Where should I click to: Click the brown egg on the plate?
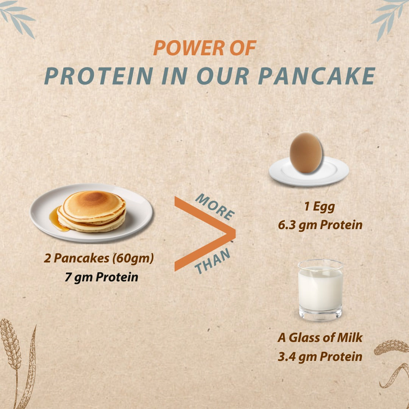click(x=306, y=153)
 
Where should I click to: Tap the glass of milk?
click(x=320, y=290)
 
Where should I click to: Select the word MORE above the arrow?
click(x=214, y=207)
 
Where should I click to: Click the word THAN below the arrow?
click(x=212, y=261)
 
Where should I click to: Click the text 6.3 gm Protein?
click(x=320, y=225)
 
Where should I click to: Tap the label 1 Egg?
click(x=320, y=207)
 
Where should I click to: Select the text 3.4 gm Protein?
click(x=320, y=356)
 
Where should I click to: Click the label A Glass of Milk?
click(x=320, y=337)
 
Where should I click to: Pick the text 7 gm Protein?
click(x=101, y=277)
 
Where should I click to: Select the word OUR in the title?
click(x=223, y=76)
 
